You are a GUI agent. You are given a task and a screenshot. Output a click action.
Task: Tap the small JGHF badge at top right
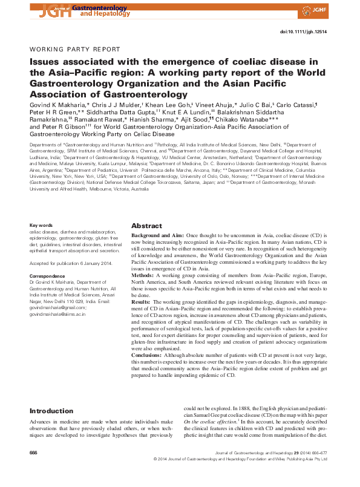coord(336,9)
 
